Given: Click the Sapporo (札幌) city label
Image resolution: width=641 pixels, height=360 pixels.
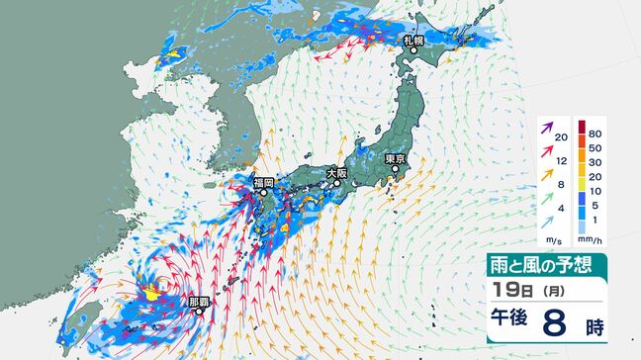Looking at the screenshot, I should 413,41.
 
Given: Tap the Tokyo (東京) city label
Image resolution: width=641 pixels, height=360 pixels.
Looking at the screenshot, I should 396,157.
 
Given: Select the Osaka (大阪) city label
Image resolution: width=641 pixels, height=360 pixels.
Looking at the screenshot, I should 337,173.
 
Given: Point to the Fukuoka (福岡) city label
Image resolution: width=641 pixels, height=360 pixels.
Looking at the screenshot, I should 263,182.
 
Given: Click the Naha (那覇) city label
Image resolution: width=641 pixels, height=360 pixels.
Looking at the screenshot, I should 198,299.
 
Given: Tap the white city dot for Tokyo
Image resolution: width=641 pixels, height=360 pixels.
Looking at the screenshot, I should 395,168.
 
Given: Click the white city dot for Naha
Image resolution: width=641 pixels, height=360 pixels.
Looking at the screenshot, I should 199,310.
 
